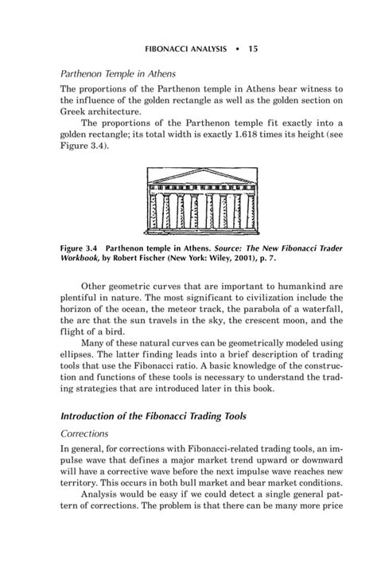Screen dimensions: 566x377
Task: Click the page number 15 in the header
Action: point(253,48)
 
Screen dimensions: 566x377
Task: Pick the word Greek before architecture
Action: point(75,113)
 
